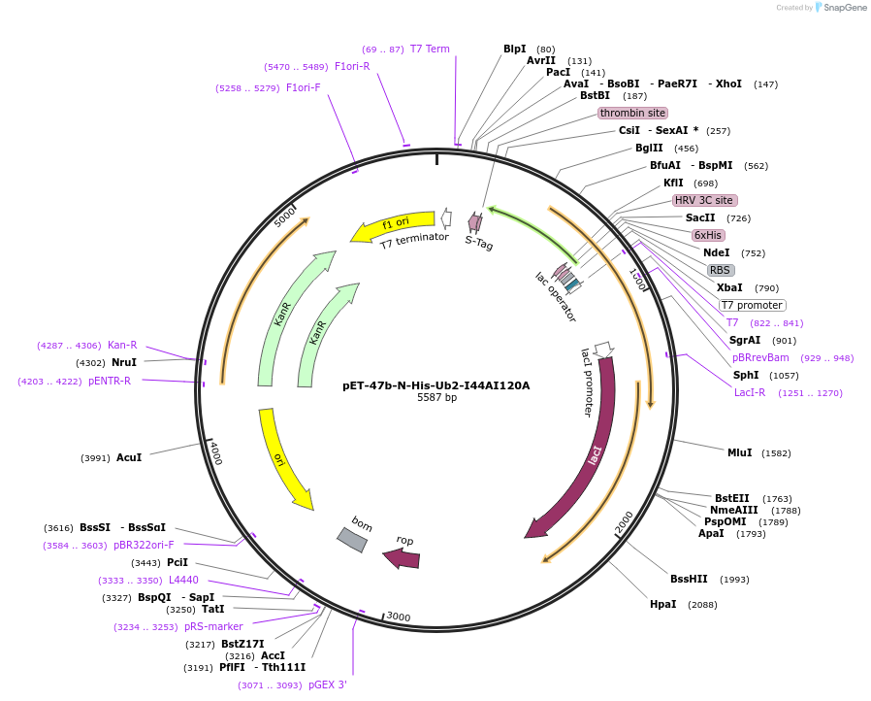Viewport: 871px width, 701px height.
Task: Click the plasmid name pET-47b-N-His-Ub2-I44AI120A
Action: pos(436,385)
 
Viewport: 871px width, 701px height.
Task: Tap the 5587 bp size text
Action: pos(436,397)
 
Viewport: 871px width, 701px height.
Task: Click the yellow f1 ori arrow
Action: pos(393,225)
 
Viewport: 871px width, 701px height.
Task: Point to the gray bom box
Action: pos(352,540)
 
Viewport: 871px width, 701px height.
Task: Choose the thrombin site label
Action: pos(632,113)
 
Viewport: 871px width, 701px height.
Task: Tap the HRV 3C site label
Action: pos(704,200)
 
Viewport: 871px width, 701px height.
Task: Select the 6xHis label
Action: pos(708,235)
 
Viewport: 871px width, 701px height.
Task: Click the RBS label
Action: pos(720,270)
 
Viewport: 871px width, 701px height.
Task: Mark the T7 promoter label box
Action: pos(753,305)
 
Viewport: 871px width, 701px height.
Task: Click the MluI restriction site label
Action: pos(740,453)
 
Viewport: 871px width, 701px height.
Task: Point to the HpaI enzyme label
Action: pos(662,604)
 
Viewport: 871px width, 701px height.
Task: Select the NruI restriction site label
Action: pos(124,362)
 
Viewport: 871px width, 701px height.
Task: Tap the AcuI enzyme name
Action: pos(129,457)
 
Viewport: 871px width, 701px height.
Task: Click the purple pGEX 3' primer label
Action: pos(328,684)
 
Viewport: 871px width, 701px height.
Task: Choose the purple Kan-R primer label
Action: pos(122,346)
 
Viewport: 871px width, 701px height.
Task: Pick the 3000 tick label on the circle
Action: pos(399,617)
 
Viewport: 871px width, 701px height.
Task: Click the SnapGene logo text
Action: pos(845,7)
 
